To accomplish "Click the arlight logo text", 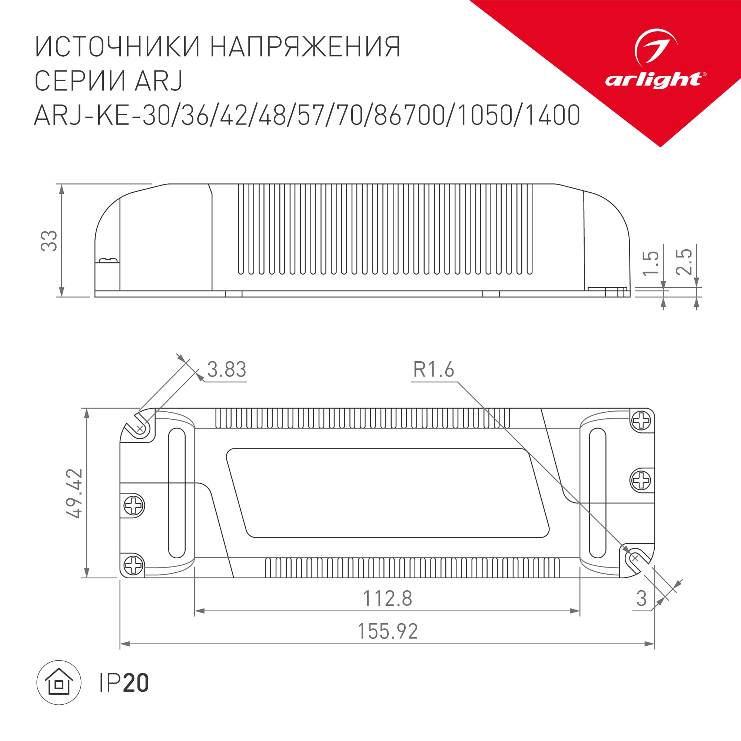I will (653, 80).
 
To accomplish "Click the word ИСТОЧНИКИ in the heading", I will (117, 47).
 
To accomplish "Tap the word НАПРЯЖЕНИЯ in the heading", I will (305, 47).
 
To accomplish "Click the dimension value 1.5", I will (651, 263).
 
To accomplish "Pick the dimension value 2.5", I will (684, 262).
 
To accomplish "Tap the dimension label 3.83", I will (226, 370).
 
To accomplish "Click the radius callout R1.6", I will (433, 370).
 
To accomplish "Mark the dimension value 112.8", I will (388, 598).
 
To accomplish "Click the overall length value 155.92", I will (388, 631).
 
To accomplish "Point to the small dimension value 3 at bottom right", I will (641, 598).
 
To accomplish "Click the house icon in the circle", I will (59, 683).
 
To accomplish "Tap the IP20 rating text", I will (123, 683).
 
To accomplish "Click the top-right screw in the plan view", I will (641, 421).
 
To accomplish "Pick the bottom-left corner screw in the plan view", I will (133, 565).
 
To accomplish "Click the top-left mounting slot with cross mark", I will (140, 427).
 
